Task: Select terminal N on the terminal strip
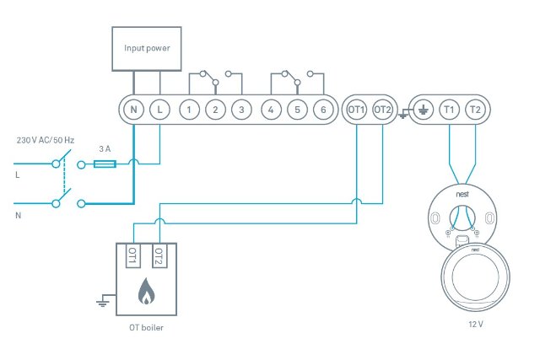pos(133,110)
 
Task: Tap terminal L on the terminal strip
pos(159,110)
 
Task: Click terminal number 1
pos(190,110)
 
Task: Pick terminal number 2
pos(216,110)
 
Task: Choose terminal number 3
pos(242,110)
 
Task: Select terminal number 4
pos(271,110)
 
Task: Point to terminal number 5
pos(297,110)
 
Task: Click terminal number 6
pos(323,110)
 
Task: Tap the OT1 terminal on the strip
pos(356,110)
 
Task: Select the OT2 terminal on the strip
pos(382,110)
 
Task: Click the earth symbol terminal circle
pos(423,110)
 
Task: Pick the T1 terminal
pos(449,110)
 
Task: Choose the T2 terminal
pos(475,110)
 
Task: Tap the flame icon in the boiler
pos(147,292)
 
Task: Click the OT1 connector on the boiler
pos(132,256)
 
